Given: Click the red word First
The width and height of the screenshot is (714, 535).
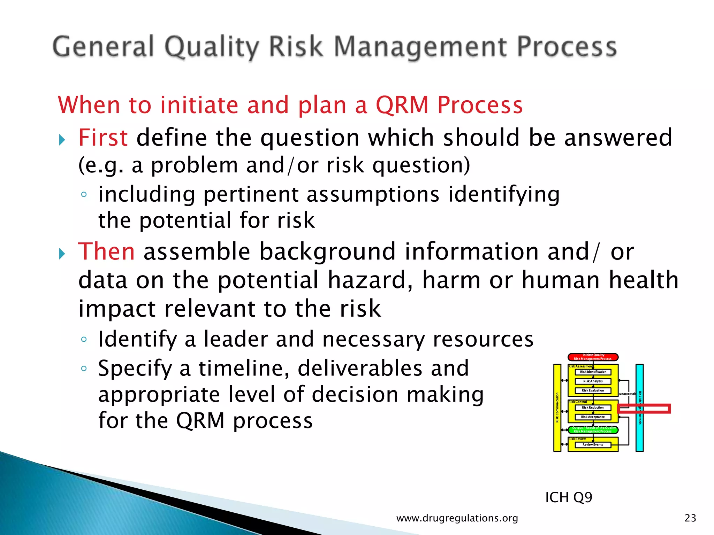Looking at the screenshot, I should click(103, 138).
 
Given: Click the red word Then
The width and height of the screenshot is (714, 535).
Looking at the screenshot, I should click(106, 251).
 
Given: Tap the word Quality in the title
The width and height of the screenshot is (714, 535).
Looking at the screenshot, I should click(212, 47).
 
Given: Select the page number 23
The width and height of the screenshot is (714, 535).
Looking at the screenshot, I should click(690, 518).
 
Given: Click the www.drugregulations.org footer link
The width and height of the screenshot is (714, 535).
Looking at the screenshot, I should click(457, 518).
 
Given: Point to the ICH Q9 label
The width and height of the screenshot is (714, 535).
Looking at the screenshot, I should click(569, 497).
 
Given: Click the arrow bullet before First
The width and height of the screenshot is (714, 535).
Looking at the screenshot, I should click(62, 140).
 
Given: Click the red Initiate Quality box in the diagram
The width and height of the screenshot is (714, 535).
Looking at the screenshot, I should click(593, 357).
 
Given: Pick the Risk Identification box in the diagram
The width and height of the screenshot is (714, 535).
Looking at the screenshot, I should click(593, 372).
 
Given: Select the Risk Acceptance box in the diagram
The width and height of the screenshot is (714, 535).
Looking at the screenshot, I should click(593, 417).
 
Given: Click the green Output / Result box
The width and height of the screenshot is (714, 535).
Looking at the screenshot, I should click(593, 429).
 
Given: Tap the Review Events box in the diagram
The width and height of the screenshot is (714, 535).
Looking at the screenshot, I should click(593, 445).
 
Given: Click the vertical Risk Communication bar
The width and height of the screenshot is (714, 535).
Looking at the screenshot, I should click(557, 408).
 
